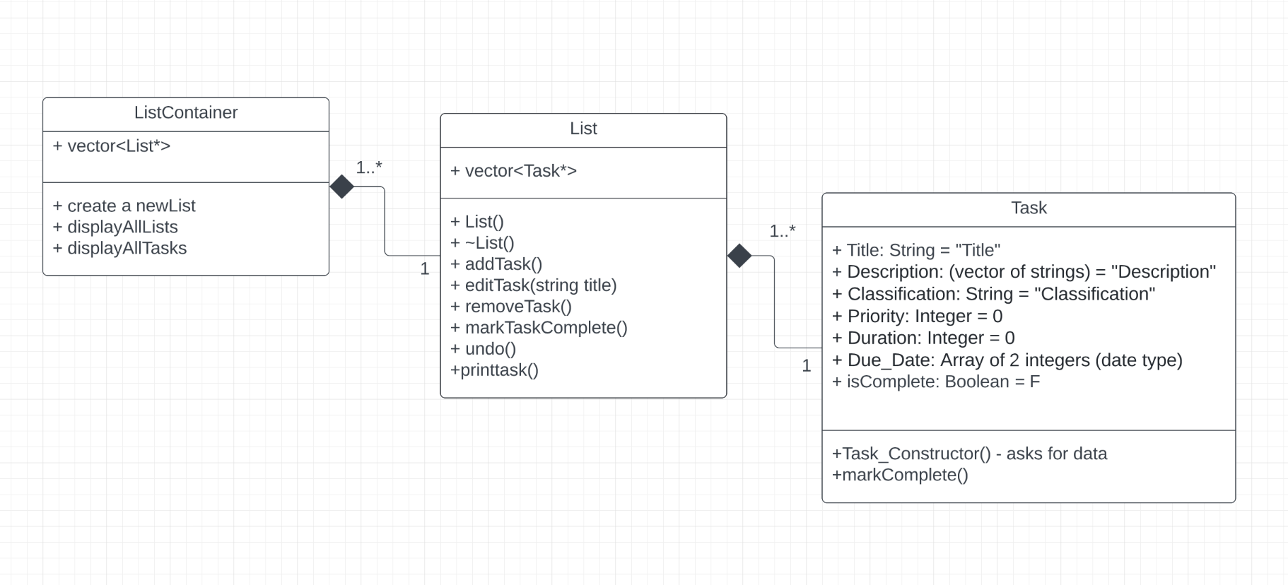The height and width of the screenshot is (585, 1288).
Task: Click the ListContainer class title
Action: [x=186, y=113]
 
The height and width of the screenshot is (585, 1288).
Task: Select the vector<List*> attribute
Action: [x=112, y=146]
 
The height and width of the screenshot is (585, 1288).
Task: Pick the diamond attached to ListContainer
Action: [x=342, y=187]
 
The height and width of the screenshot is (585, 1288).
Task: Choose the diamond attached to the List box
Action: [x=739, y=256]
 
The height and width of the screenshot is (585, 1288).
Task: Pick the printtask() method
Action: [x=494, y=370]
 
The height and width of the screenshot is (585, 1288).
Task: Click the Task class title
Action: [x=1029, y=208]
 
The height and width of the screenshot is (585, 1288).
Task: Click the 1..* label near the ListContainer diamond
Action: [x=369, y=167]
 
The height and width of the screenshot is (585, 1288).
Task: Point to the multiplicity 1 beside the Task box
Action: [x=807, y=366]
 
